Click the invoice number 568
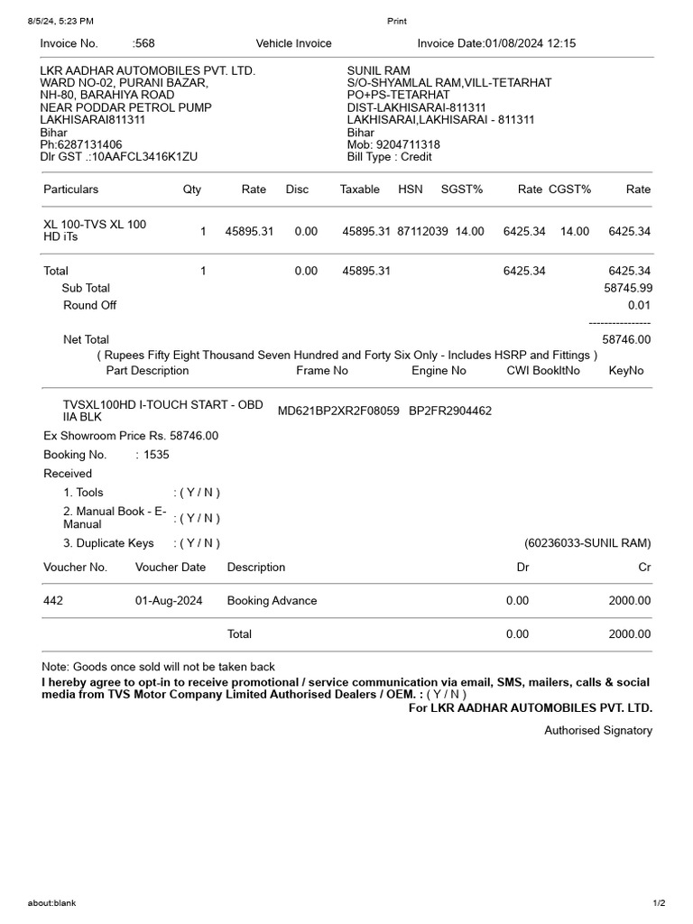(145, 43)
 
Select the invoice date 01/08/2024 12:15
(531, 43)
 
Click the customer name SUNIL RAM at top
(379, 70)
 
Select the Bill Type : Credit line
(390, 157)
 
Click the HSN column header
(410, 189)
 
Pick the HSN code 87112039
(422, 232)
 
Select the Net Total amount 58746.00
(626, 340)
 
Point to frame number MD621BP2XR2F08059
(338, 411)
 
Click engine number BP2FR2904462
(450, 411)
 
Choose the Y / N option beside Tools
(197, 493)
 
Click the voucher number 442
(53, 601)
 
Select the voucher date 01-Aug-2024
(169, 601)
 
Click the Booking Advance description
(272, 601)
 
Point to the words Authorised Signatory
(597, 731)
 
